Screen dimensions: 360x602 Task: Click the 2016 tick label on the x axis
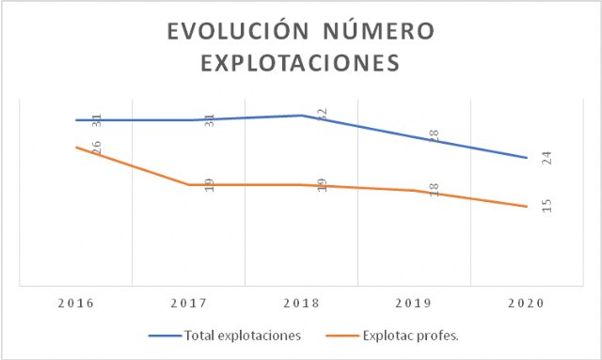click(75, 305)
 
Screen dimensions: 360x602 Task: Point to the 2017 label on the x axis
click(188, 305)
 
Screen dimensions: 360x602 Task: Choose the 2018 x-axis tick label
click(301, 305)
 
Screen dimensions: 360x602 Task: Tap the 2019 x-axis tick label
click(414, 305)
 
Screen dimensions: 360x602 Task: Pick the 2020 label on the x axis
click(527, 305)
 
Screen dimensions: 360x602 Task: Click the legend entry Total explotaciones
click(243, 336)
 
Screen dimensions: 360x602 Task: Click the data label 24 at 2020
click(547, 158)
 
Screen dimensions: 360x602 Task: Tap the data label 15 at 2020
click(547, 206)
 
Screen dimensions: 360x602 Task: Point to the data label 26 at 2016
click(96, 148)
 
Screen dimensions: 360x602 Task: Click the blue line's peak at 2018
click(301, 116)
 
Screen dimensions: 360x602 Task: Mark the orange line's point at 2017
click(188, 184)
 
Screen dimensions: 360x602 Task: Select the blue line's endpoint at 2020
click(527, 158)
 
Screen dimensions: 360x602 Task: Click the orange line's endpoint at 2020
click(527, 206)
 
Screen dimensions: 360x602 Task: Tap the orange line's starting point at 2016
click(75, 148)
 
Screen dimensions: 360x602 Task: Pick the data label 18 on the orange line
click(435, 190)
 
